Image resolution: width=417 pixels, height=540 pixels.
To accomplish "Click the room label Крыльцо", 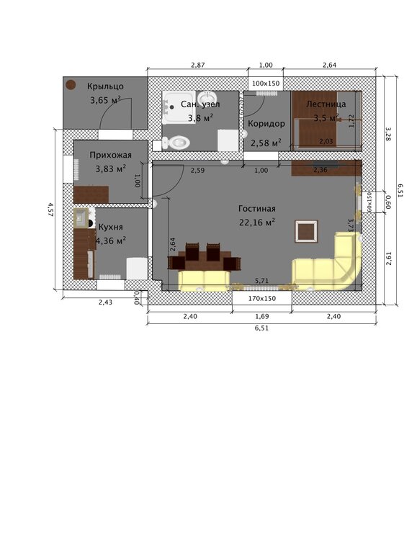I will click(x=106, y=86).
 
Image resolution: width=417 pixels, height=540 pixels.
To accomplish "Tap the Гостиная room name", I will click(x=257, y=209).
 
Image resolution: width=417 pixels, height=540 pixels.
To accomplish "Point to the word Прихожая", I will click(x=110, y=154).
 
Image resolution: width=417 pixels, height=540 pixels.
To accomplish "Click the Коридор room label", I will click(x=266, y=124).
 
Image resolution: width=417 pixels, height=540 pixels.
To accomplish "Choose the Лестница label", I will click(x=326, y=104).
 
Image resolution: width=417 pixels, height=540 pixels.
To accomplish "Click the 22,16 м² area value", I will click(x=257, y=222).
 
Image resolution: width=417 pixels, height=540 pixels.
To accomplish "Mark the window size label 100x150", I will click(x=266, y=84).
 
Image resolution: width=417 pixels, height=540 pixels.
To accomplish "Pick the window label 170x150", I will click(x=261, y=297).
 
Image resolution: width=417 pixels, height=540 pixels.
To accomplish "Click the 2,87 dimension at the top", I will click(x=197, y=66).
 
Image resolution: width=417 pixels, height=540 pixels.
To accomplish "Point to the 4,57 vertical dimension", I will click(x=50, y=209).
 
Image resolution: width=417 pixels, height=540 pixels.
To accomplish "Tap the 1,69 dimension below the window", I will click(x=261, y=316).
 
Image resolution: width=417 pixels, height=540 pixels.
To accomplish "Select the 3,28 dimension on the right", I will click(x=388, y=134).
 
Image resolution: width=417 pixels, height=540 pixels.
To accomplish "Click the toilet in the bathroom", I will click(x=173, y=143).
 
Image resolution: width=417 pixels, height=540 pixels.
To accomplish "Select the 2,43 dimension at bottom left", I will click(x=105, y=302).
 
